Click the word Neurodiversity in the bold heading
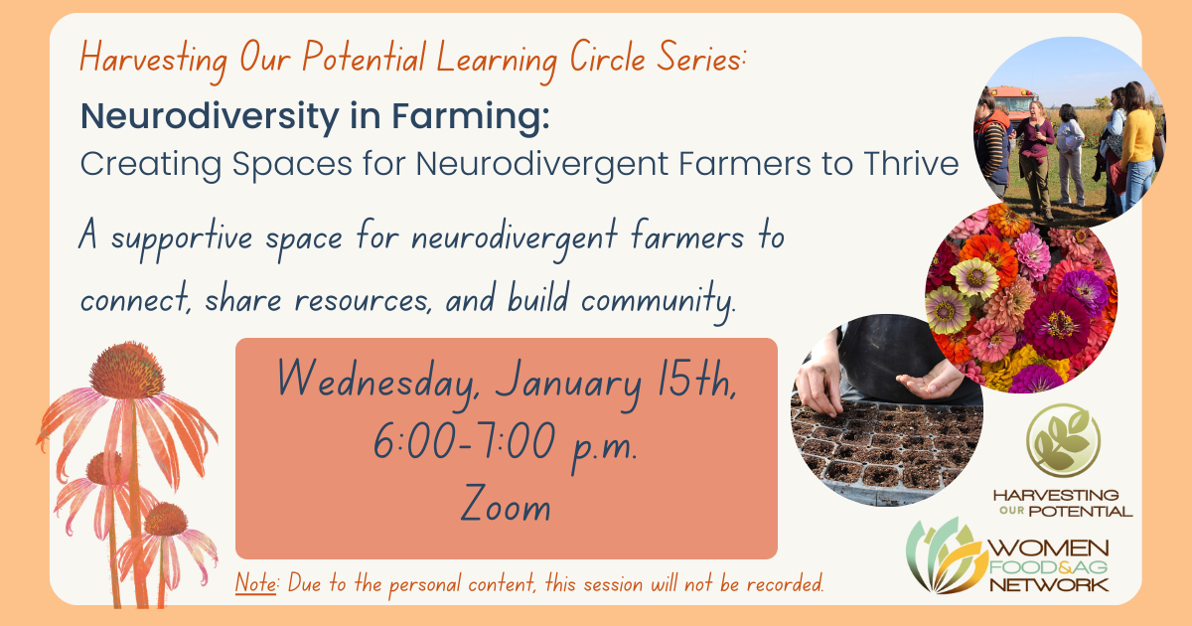point(211,117)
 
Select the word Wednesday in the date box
point(376,380)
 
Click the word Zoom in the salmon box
point(506,503)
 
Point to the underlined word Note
point(256,583)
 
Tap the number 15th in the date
point(697,378)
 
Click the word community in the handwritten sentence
point(659,300)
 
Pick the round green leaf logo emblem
point(1063,440)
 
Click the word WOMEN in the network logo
point(1049,548)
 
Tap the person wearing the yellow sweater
point(1137,146)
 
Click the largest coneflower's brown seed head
point(127,371)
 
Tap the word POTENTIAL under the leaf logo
point(1081,512)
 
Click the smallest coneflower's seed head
point(165,519)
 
